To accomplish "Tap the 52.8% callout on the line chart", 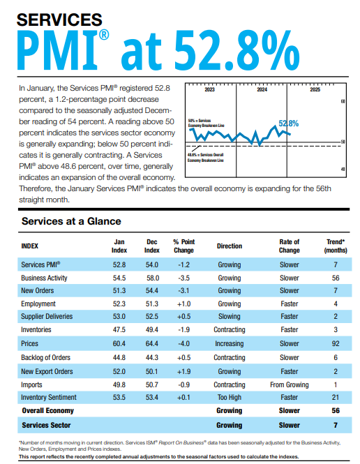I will point(288,124).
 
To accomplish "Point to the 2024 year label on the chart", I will point(262,90).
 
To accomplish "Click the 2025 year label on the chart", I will point(315,90).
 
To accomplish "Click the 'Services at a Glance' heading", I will point(71,221).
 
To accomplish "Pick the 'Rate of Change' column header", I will point(289,246).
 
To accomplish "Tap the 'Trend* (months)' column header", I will point(336,246).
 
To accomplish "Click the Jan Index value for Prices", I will point(119,343).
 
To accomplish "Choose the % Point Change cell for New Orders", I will point(183,291).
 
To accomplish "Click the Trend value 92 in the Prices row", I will point(336,343).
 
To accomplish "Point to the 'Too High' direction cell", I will point(229,396).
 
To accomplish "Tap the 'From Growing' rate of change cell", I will point(289,383).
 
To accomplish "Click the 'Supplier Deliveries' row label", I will point(51,317).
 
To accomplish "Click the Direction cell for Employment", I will point(229,304).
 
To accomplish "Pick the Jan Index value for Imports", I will point(119,383).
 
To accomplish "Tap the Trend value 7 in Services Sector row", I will point(336,424).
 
